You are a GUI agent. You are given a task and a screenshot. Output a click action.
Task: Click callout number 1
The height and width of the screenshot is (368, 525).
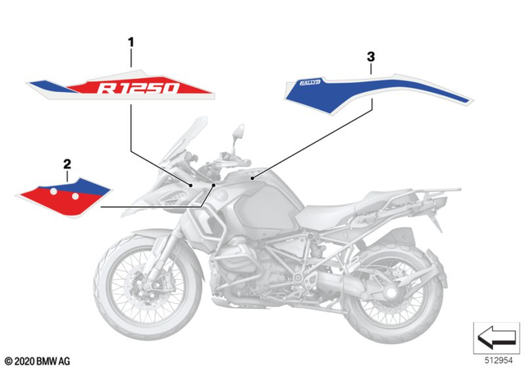129,39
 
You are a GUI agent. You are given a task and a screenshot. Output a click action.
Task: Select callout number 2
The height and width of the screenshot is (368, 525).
66,163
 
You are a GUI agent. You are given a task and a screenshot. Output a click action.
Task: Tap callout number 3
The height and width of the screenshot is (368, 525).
371,57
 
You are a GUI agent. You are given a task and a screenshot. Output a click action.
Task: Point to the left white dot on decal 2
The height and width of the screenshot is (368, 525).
54,191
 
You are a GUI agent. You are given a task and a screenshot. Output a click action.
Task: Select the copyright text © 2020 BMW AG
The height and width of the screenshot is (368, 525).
39,360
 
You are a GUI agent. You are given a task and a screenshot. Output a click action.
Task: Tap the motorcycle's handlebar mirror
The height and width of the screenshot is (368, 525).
239,132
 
